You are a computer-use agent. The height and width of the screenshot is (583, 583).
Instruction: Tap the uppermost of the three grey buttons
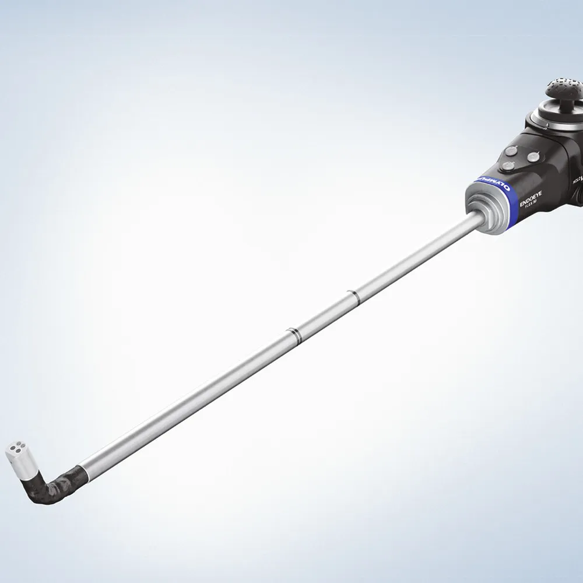point(511,150)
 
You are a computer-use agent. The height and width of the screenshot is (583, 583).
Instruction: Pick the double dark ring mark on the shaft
point(293,333)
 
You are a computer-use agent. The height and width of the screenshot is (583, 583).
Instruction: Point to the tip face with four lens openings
point(17,450)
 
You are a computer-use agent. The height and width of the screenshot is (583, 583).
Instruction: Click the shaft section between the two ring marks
point(322,315)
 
